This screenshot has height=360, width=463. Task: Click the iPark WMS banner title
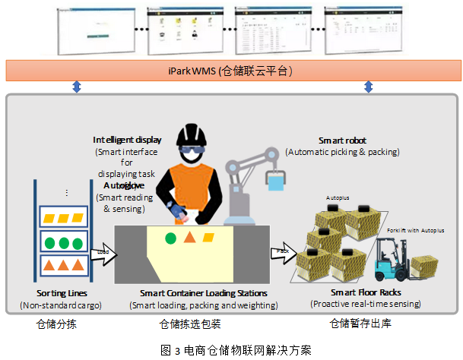coord(229,71)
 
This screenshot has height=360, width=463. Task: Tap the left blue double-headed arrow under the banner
coord(76,88)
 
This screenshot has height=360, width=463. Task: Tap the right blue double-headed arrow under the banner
coord(369,88)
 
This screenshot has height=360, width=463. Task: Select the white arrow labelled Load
coord(101,253)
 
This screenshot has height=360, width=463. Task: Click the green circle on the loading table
coord(171,238)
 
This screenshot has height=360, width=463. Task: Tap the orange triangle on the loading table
coord(188,238)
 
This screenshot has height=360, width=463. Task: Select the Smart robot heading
coord(343,141)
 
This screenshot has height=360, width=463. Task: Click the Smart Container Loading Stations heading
coord(203,292)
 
